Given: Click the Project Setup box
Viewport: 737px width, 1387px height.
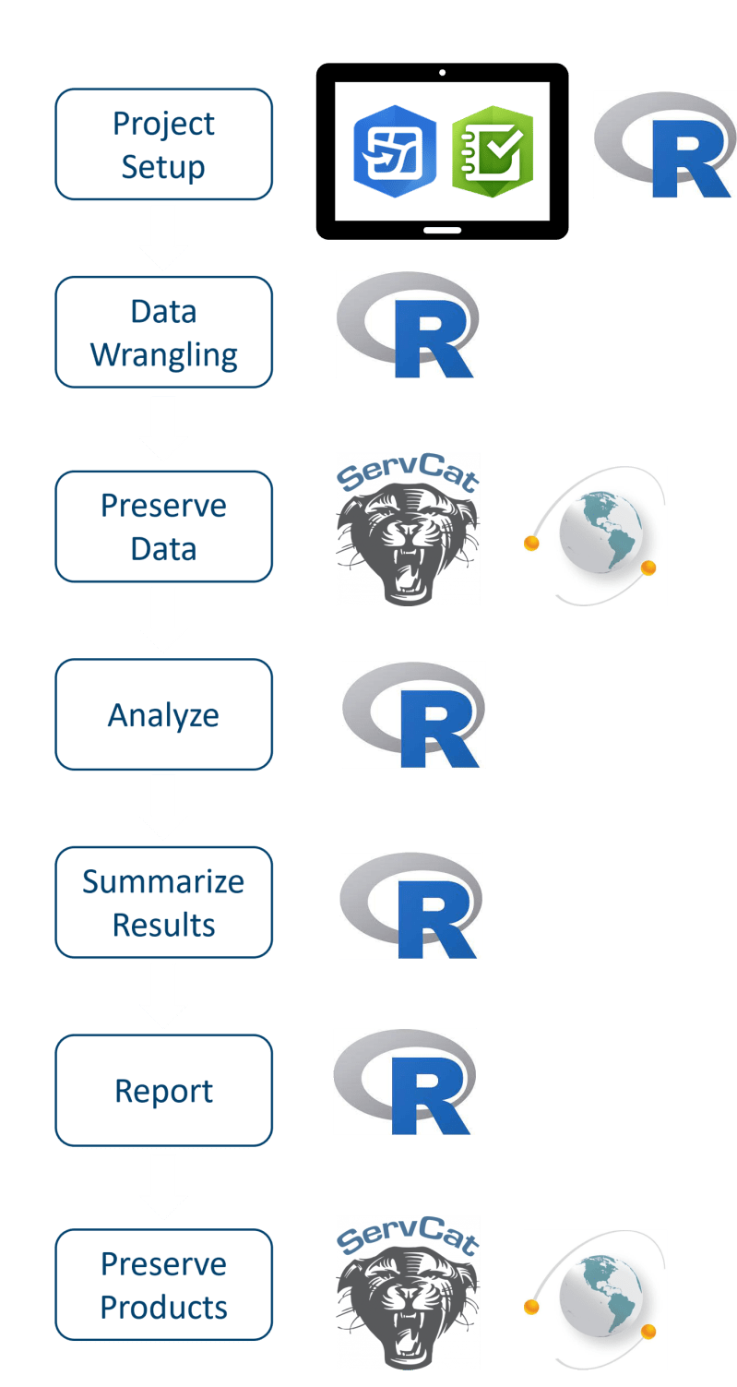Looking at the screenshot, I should pos(164,145).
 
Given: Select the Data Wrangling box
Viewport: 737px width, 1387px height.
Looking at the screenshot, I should pos(164,332).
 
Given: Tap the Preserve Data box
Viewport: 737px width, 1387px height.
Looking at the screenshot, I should pos(164,527).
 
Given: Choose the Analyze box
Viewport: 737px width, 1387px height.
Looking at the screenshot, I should pos(164,714).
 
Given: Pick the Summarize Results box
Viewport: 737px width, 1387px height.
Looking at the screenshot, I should pos(164,903).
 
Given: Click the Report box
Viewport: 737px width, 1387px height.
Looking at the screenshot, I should pos(164,1090).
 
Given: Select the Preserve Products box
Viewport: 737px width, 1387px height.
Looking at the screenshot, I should pos(164,1285).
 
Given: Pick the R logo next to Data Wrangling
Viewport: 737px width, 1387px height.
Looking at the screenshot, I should pos(408,324).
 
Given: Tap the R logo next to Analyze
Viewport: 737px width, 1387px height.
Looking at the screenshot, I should pos(414,714).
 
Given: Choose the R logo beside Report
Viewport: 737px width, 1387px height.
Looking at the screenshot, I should pos(405,1081).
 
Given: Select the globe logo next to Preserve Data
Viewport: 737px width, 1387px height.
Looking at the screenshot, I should pos(596,536).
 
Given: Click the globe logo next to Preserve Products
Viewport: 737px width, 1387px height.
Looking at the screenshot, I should pos(596,1299).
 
